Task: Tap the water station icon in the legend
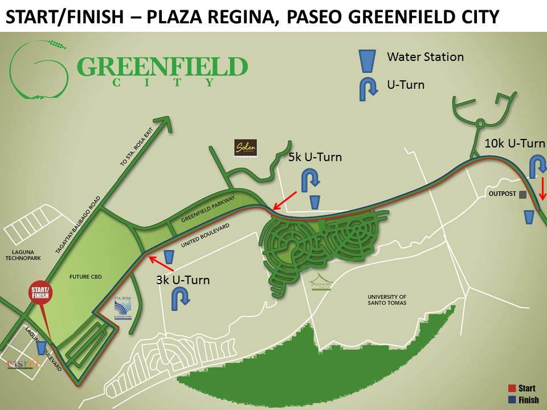tap(366, 60)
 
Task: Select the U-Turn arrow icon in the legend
tap(368, 89)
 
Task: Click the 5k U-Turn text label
tap(315, 157)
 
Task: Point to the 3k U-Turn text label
tap(182, 280)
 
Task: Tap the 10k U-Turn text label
tap(515, 143)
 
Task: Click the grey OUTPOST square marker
tap(522, 194)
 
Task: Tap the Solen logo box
tap(246, 148)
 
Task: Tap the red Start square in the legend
tap(511, 388)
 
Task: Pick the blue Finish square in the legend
tap(511, 400)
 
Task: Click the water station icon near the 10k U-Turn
tap(528, 218)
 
